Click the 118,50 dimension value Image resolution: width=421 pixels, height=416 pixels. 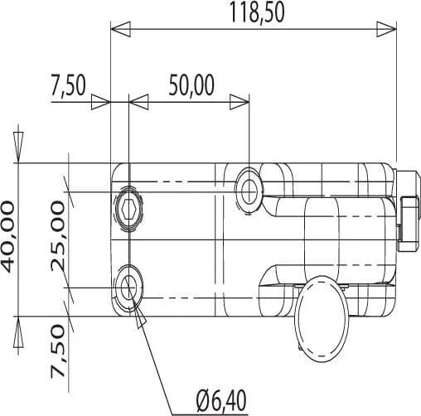coord(257,13)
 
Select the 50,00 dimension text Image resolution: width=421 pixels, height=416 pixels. coord(191,85)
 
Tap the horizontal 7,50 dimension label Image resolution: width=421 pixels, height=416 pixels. coord(68,85)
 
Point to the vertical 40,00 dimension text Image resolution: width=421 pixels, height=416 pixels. coord(7,237)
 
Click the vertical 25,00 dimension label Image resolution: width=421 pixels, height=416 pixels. coord(58,236)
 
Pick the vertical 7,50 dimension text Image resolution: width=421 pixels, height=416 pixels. coord(58,351)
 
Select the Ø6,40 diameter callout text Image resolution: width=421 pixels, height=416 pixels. coord(221,401)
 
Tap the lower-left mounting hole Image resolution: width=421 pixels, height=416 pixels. coord(128,288)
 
